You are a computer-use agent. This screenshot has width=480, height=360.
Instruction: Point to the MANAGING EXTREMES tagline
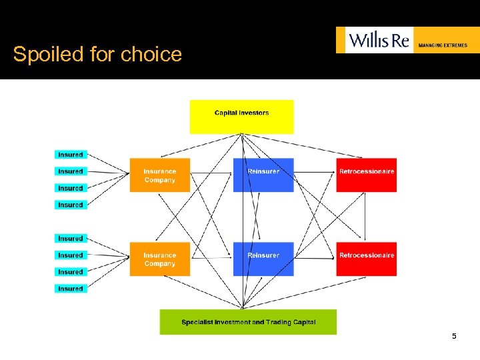[x=443, y=45]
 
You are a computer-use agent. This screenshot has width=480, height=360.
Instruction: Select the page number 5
[x=454, y=336]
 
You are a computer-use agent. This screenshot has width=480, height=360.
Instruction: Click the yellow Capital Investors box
[x=241, y=117]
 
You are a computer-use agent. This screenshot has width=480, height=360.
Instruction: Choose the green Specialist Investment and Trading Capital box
[x=248, y=322]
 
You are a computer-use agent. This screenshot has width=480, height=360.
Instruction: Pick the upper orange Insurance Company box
[x=160, y=175]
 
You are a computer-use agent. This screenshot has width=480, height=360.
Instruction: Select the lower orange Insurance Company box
[x=160, y=259]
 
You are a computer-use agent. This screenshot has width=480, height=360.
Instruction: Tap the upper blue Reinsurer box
[x=263, y=175]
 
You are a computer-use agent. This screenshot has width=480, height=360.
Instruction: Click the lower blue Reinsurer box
[x=263, y=259]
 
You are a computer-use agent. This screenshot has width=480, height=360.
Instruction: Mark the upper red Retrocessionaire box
[x=366, y=175]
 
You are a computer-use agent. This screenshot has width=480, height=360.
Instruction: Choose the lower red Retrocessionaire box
[x=366, y=259]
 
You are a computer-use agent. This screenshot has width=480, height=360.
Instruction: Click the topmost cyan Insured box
[x=71, y=155]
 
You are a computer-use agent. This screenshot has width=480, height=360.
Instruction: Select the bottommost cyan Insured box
[x=71, y=289]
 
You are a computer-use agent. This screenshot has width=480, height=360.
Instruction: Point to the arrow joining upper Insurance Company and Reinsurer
[x=211, y=172]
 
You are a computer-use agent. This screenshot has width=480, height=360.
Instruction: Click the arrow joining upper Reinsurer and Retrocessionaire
[x=315, y=172]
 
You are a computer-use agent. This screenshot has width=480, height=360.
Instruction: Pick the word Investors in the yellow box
[x=254, y=113]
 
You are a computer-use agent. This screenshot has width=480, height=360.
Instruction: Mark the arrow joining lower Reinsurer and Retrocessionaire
[x=315, y=256]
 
